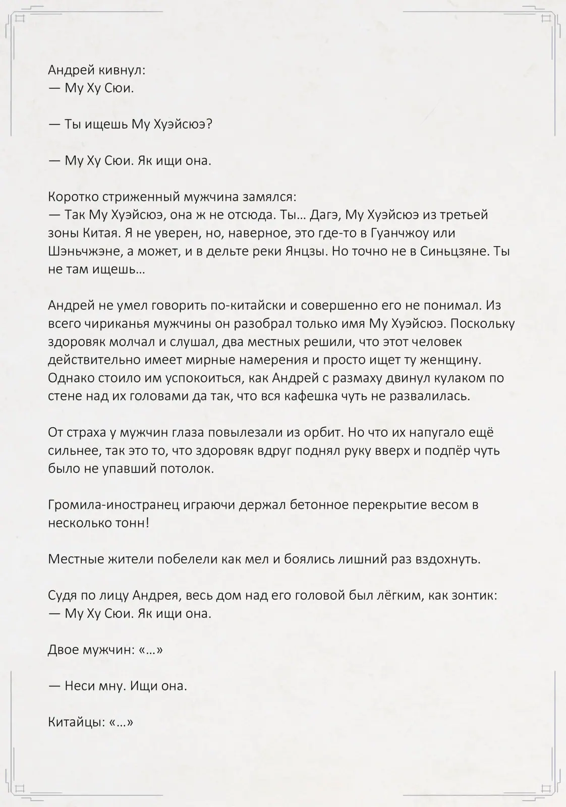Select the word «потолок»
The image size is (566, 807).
(x=187, y=469)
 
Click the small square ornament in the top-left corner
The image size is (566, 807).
(x=21, y=18)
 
